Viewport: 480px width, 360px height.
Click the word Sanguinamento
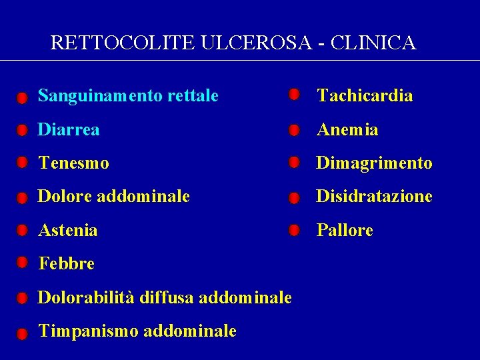point(98,96)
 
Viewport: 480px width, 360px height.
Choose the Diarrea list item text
point(69,129)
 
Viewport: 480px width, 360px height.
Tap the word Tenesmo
point(73,163)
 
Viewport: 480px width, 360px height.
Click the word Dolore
point(65,196)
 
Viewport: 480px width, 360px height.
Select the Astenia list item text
point(68,230)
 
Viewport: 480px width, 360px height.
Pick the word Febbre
point(67,263)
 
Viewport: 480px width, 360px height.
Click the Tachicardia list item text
point(365,96)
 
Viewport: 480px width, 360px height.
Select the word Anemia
point(347,129)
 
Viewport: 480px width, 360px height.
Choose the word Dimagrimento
point(374,163)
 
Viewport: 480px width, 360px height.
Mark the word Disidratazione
point(374,196)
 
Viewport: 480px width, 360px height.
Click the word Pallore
point(345,230)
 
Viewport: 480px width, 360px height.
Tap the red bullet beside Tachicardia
point(293,95)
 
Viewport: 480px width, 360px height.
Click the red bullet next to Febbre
point(22,263)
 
